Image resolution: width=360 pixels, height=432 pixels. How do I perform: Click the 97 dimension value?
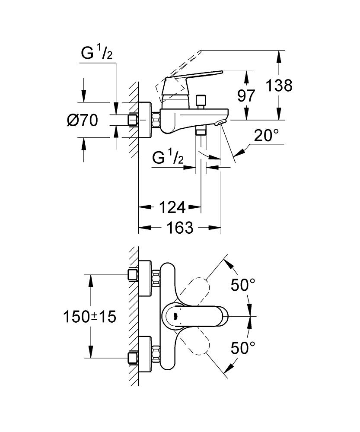(246, 95)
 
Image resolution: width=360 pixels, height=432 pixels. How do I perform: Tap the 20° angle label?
(264, 136)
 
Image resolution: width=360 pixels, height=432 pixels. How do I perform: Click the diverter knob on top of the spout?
(200, 101)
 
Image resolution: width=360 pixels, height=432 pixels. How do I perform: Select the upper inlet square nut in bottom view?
(133, 274)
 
